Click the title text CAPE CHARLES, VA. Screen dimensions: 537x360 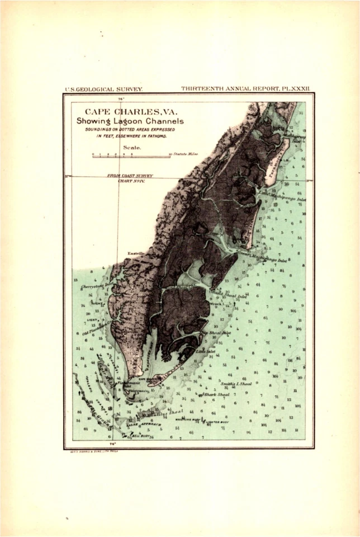pyautogui.click(x=131, y=111)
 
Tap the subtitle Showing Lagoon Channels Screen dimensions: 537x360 pyautogui.click(x=130, y=121)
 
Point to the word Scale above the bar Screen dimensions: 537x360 pyautogui.click(x=131, y=148)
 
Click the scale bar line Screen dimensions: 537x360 pyautogui.click(x=131, y=157)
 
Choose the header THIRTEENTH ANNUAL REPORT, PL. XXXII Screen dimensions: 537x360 pyautogui.click(x=245, y=88)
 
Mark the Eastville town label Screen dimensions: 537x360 pyautogui.click(x=136, y=254)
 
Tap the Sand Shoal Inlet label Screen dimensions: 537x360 pyautogui.click(x=229, y=295)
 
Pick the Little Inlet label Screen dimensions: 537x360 pyautogui.click(x=205, y=351)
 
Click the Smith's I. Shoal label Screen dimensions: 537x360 pyautogui.click(x=235, y=384)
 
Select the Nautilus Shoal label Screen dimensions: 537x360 pyautogui.click(x=168, y=413)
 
